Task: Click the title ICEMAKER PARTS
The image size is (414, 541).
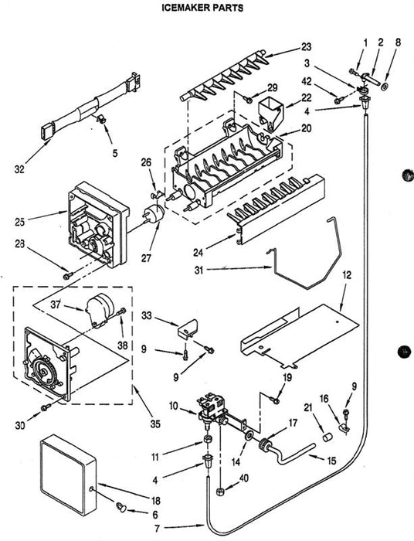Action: coord(202,7)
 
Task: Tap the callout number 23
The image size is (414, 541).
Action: coord(306,46)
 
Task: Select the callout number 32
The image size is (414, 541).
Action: coord(19,169)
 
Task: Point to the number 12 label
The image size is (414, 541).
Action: coord(347,275)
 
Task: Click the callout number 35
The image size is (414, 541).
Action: coord(155,424)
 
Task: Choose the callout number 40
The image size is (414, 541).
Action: coord(243,478)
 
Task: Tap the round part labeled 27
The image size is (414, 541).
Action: coord(154,212)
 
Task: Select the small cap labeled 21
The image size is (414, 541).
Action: coord(327,437)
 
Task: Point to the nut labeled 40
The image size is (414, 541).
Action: coord(219,491)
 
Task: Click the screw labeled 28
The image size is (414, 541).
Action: coord(68,275)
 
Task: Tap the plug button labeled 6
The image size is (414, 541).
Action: coord(121,507)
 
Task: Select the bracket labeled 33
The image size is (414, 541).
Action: coord(188,327)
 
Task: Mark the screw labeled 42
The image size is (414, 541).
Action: coord(340,100)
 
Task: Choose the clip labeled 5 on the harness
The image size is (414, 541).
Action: coord(100,119)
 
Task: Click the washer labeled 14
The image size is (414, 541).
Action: coord(248,436)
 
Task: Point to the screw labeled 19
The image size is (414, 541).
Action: coord(275,400)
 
